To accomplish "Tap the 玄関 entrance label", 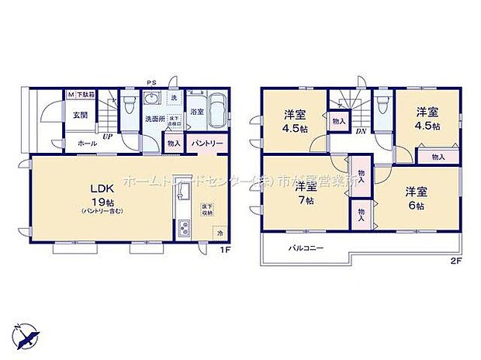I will click(x=80, y=115).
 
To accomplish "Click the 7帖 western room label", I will click(x=302, y=194).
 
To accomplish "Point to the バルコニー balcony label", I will click(x=306, y=248).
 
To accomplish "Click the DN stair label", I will click(x=360, y=132).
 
